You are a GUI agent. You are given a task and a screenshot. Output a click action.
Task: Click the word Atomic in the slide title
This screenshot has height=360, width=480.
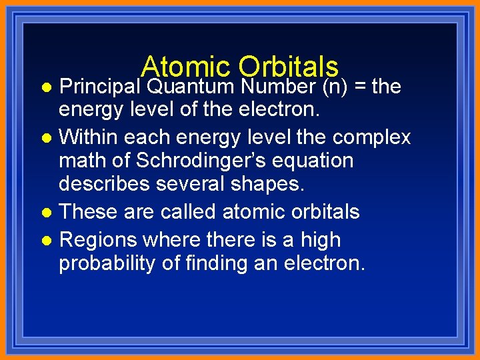point(185,66)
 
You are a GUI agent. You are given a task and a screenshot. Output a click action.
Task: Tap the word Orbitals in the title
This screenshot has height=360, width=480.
point(288,66)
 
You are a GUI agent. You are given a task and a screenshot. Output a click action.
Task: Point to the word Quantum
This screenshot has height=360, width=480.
point(191,86)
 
